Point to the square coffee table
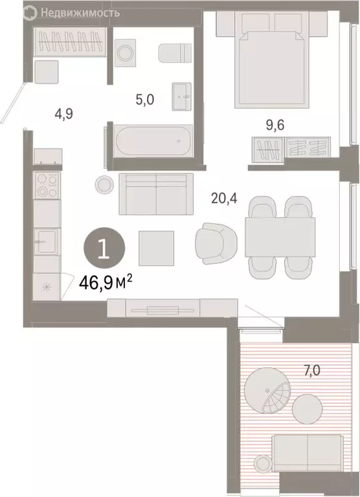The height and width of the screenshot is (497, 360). pos(157,247)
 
